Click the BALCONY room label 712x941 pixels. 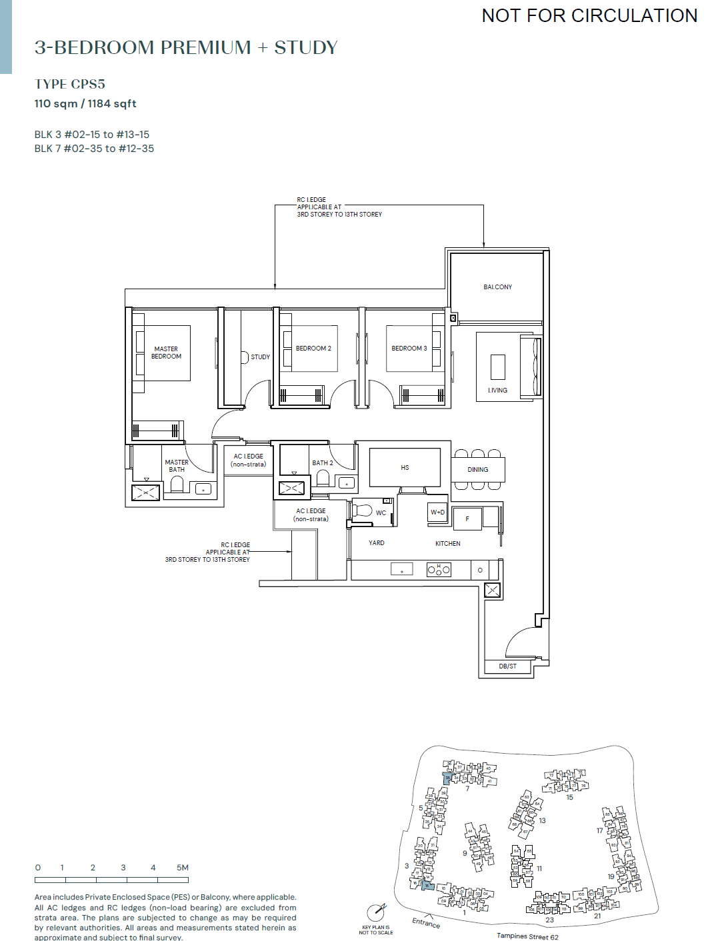[497, 287]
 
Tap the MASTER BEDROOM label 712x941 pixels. [166, 353]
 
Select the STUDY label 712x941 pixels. [260, 357]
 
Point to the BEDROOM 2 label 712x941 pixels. [313, 349]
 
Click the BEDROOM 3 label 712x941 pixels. [409, 349]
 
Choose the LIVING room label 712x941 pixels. [497, 391]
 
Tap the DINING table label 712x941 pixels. [477, 470]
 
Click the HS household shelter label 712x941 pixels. [405, 468]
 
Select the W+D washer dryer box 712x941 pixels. [437, 512]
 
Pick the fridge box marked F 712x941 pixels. [467, 518]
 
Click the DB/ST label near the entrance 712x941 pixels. [507, 666]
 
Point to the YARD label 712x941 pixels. [377, 543]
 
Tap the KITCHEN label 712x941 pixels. [447, 544]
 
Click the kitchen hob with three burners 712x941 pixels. [439, 570]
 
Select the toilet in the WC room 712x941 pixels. [363, 511]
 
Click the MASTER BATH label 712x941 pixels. [177, 466]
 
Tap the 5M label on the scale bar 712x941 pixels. [183, 868]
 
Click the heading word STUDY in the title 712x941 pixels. [306, 48]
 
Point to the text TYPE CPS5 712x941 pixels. [70, 85]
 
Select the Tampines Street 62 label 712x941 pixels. [527, 936]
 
